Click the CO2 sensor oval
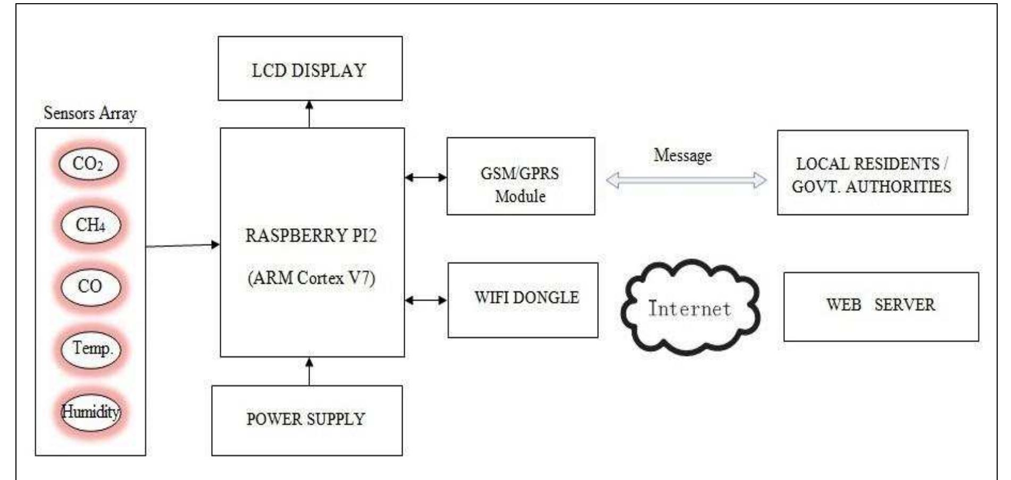pyautogui.click(x=88, y=163)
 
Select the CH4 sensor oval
pyautogui.click(x=90, y=225)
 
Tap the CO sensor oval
pyautogui.click(x=90, y=286)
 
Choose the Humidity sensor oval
pyautogui.click(x=90, y=411)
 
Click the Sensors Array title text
pyautogui.click(x=90, y=113)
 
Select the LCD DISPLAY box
pyautogui.click(x=310, y=69)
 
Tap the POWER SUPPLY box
pyautogui.click(x=306, y=420)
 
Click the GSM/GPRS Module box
pyautogui.click(x=520, y=176)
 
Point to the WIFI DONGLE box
pyautogui.click(x=523, y=300)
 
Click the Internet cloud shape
pyautogui.click(x=689, y=308)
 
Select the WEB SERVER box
pyautogui.click(x=881, y=307)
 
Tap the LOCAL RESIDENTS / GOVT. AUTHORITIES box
pyautogui.click(x=872, y=173)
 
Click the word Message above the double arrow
pyautogui.click(x=682, y=155)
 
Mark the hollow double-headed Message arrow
pyautogui.click(x=686, y=180)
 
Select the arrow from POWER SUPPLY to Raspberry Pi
pyautogui.click(x=309, y=371)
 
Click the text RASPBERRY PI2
pyautogui.click(x=311, y=235)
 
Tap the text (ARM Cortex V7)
pyautogui.click(x=312, y=278)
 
